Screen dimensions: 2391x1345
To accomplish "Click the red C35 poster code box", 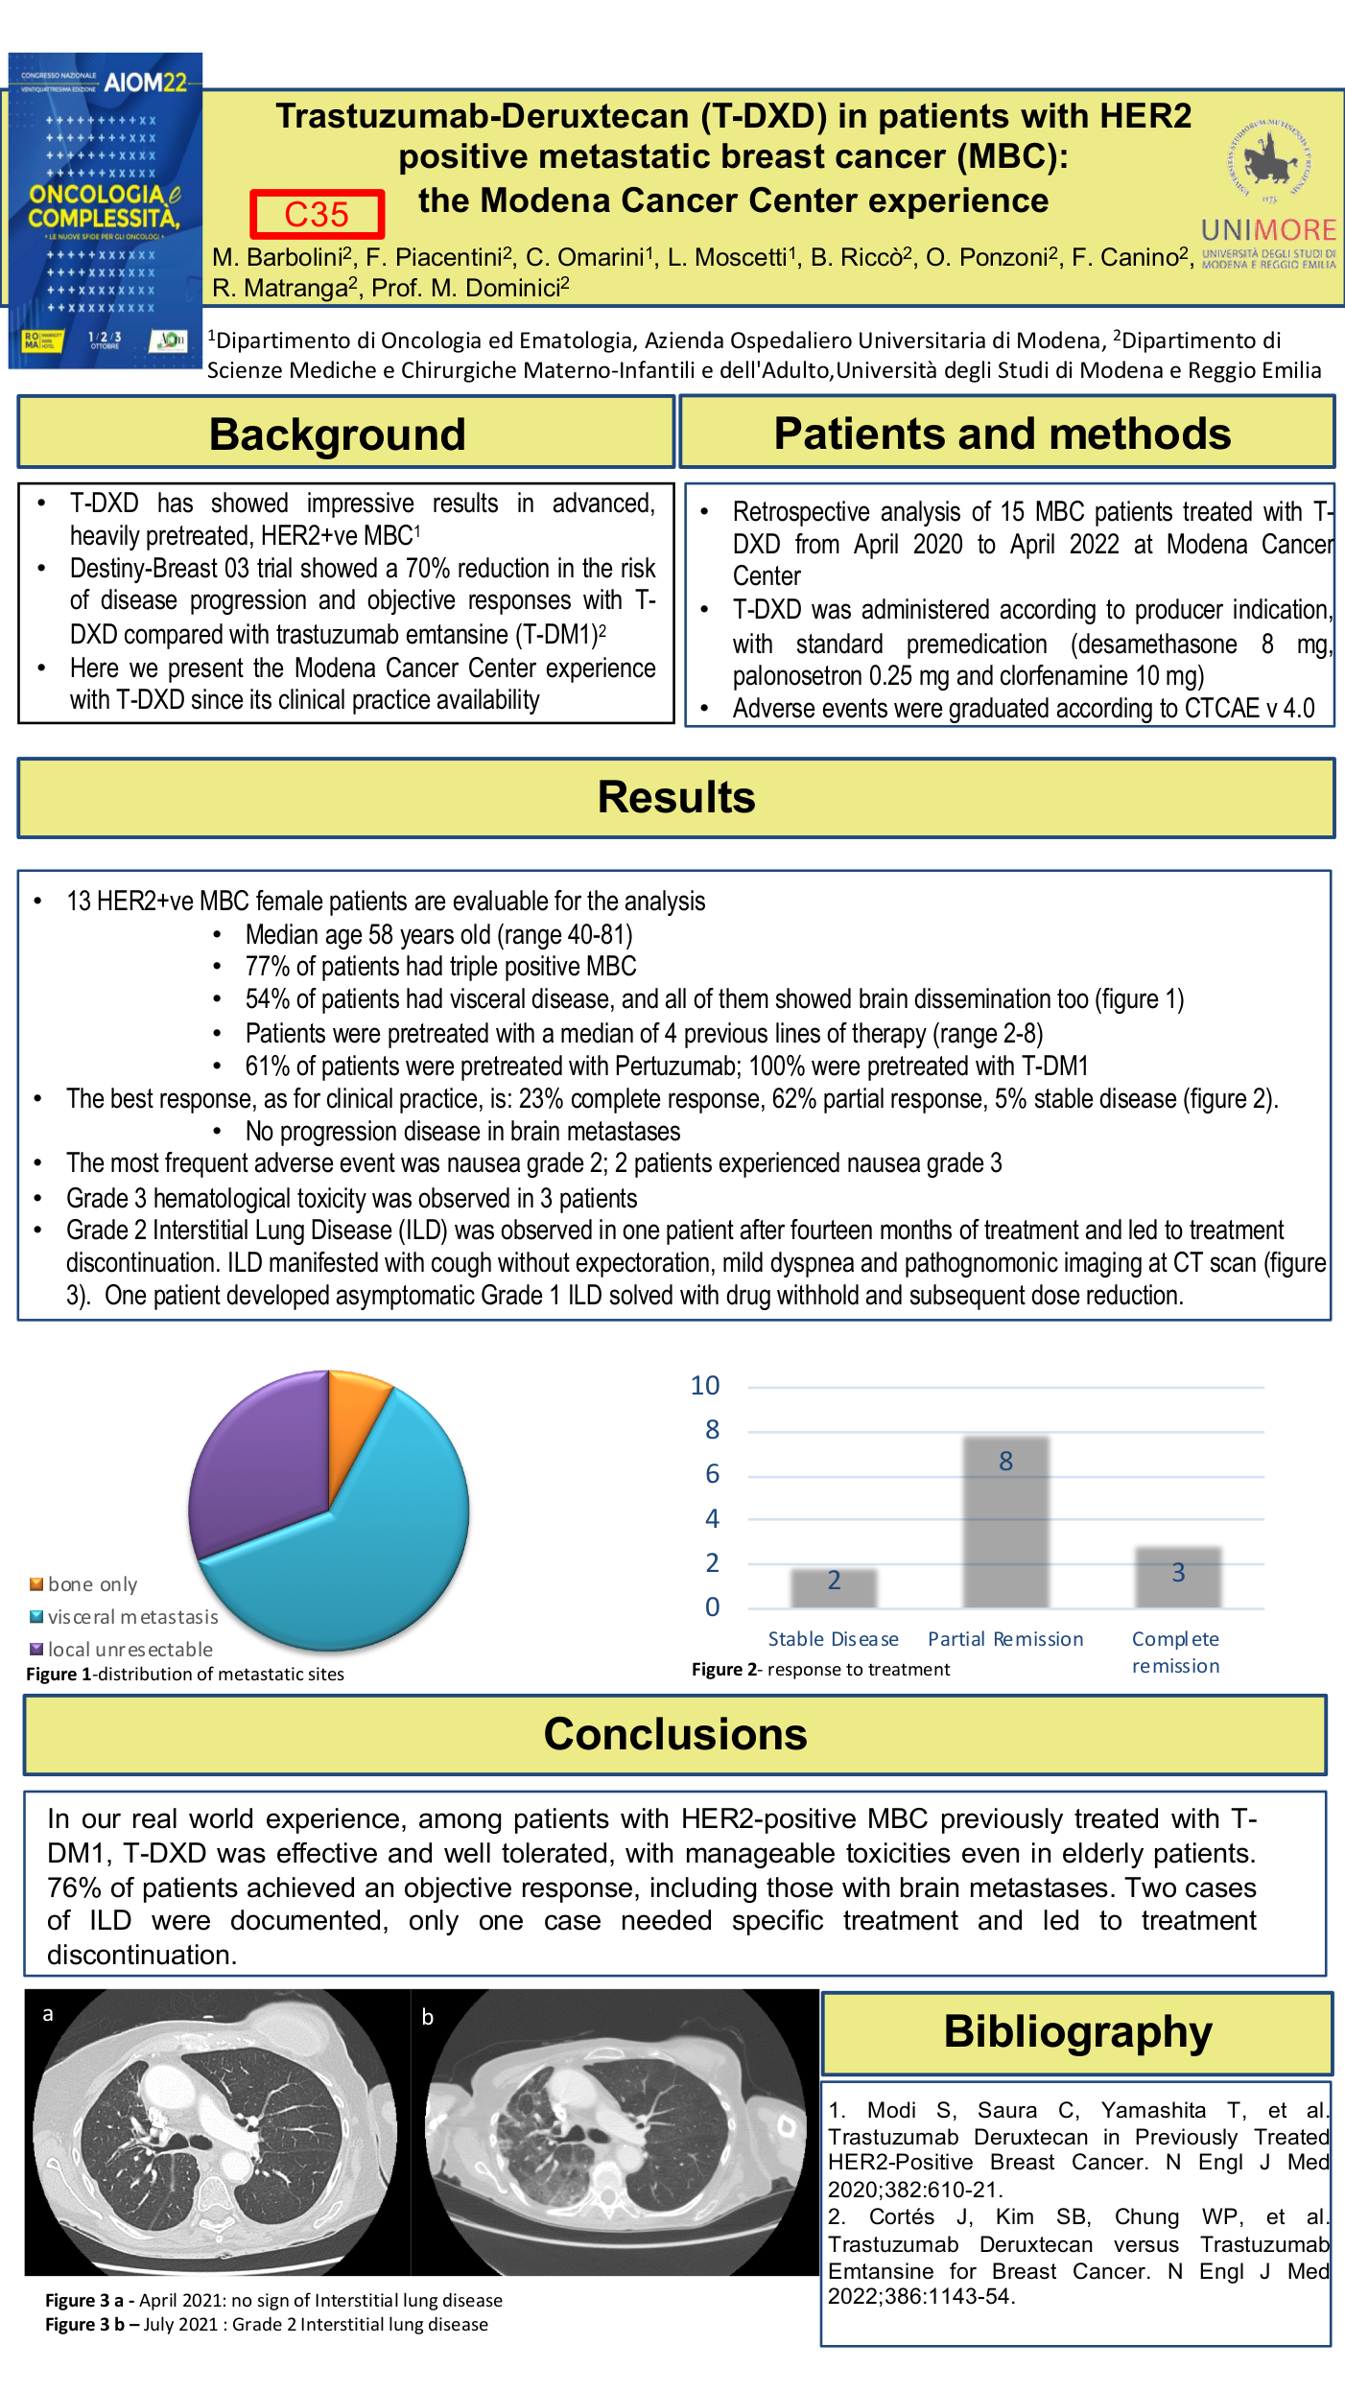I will tap(317, 214).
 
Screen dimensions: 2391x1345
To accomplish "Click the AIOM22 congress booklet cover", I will tap(105, 210).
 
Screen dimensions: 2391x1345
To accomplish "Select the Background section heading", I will tap(337, 434).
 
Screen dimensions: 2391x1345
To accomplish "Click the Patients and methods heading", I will tap(1002, 434).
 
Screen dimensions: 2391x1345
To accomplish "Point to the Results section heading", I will tap(675, 798).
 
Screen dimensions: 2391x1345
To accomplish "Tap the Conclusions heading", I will tap(674, 1734).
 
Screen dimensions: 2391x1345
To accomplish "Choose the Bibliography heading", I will tap(1077, 2031).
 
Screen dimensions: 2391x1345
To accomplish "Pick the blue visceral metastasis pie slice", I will tap(384, 1554).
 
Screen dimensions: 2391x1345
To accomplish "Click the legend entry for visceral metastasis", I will tap(132, 1617).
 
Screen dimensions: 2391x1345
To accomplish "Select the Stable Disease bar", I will tap(834, 1588).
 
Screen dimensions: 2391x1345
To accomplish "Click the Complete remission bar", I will tap(1178, 1577).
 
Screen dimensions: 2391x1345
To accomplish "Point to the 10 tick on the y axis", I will tap(705, 1386).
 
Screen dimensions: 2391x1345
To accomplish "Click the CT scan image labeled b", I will tap(614, 2131).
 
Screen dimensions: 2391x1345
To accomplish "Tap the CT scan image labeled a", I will tap(217, 2131).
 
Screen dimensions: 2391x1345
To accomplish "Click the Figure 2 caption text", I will tap(820, 1669).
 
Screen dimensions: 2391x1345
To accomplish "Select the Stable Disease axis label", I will tap(833, 1639).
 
